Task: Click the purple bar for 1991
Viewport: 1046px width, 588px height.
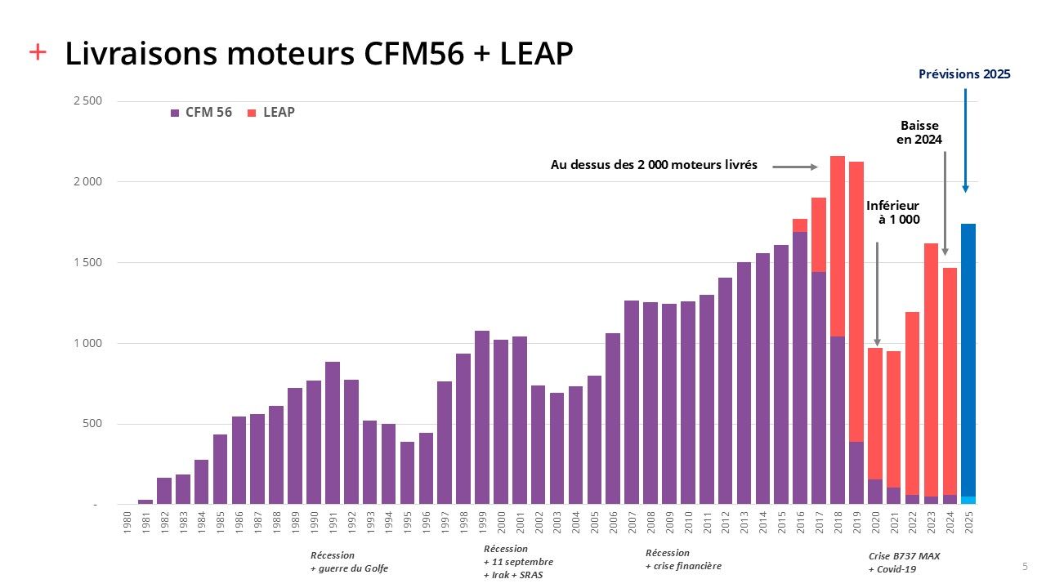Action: click(x=333, y=433)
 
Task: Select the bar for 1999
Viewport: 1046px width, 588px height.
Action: click(x=482, y=417)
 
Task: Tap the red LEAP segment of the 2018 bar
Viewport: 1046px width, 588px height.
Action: click(x=838, y=246)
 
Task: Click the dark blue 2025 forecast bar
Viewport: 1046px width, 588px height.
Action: click(x=968, y=359)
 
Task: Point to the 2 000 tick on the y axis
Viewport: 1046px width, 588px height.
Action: click(x=87, y=181)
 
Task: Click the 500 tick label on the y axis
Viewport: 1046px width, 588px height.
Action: click(x=91, y=424)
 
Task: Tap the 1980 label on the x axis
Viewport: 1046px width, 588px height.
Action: click(x=127, y=523)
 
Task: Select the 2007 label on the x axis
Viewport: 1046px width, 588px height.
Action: click(x=632, y=523)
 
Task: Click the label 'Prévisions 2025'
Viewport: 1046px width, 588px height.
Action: click(x=964, y=74)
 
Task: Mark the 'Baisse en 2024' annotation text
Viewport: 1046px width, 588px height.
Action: click(x=921, y=132)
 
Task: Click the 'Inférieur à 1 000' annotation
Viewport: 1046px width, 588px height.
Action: click(x=893, y=212)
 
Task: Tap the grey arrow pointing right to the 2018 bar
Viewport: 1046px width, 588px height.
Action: click(x=794, y=167)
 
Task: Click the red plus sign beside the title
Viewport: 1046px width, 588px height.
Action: click(x=38, y=52)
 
